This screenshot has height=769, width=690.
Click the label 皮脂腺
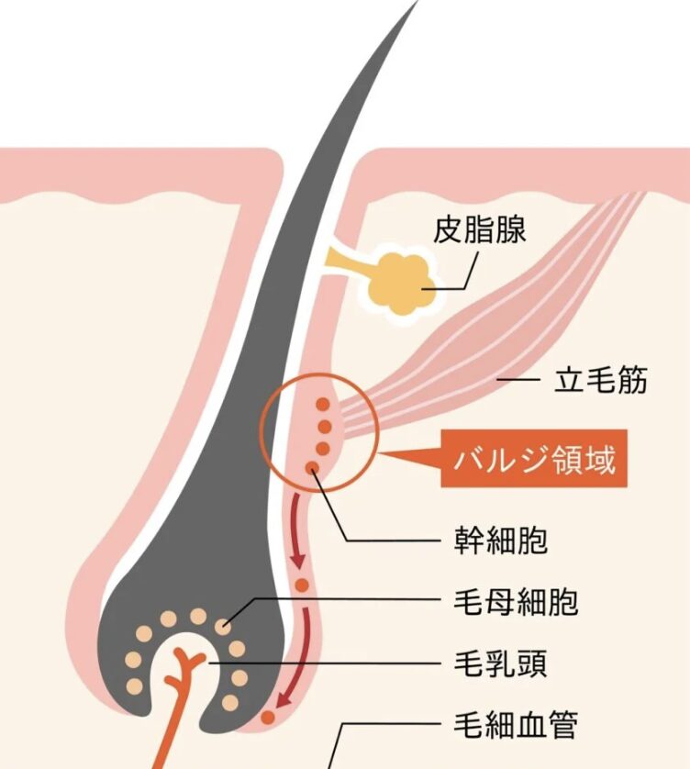click(x=479, y=229)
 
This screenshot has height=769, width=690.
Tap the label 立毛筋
click(x=601, y=379)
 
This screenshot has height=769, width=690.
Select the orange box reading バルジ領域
click(x=534, y=459)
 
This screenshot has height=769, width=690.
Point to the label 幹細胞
click(x=501, y=540)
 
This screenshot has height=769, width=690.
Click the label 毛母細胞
click(x=516, y=601)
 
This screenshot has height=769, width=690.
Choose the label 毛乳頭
click(x=501, y=663)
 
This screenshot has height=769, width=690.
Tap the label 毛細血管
click(x=516, y=724)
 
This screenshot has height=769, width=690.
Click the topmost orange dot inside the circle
click(x=323, y=405)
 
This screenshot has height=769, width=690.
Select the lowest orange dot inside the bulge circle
click(x=312, y=468)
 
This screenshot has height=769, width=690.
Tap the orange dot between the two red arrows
click(x=302, y=585)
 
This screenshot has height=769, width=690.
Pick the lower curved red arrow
click(x=298, y=657)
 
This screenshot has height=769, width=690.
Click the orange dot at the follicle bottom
click(x=268, y=718)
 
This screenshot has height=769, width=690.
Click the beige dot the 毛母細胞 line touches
click(x=223, y=626)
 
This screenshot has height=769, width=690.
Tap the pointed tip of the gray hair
click(x=417, y=2)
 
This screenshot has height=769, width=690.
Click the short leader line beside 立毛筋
click(x=517, y=379)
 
